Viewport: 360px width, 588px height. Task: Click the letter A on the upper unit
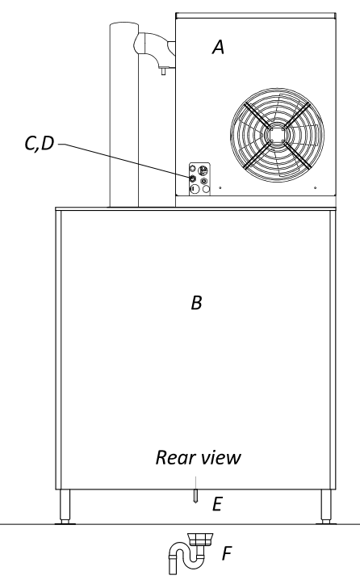point(219,47)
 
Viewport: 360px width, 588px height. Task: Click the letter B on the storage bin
point(197,303)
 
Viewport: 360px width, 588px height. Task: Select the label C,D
point(40,144)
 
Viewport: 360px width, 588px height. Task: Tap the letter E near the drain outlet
point(217,504)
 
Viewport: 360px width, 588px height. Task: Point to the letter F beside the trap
point(227,553)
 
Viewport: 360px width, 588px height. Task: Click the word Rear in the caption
point(176,457)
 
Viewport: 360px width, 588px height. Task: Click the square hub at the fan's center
point(277,134)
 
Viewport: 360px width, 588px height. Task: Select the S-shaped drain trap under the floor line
point(190,552)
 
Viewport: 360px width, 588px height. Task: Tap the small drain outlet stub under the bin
point(195,496)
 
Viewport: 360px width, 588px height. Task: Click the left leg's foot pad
point(65,522)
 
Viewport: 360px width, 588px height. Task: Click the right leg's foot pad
point(326,522)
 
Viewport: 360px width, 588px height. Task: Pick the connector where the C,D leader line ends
point(193,178)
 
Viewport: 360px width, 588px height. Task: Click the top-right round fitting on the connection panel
point(203,170)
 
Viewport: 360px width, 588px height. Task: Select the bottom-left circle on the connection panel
point(194,189)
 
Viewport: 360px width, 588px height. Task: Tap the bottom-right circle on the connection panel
point(206,189)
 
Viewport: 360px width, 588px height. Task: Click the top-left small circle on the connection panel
point(193,169)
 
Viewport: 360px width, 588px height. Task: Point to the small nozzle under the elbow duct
point(163,70)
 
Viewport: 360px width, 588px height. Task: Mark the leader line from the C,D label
point(124,161)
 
